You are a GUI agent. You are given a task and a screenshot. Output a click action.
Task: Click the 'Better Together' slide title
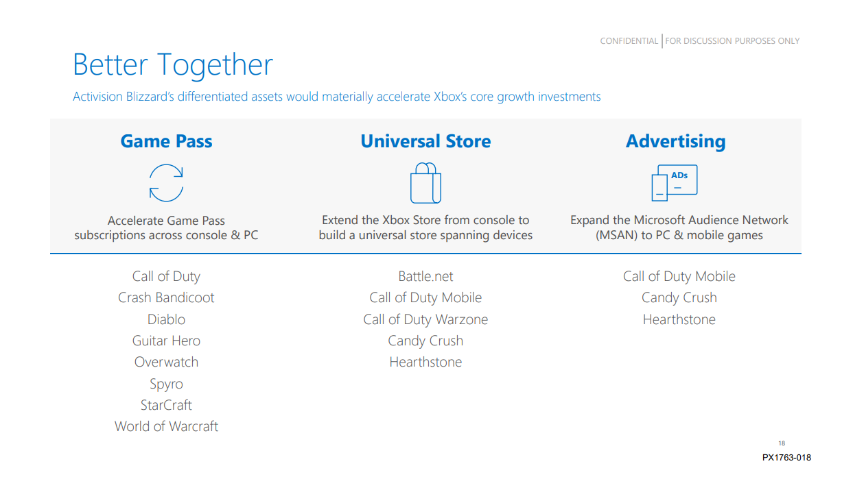(x=173, y=64)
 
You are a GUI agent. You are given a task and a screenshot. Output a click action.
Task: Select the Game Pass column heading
(x=166, y=141)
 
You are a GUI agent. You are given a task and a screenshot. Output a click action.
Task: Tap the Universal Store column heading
(x=425, y=141)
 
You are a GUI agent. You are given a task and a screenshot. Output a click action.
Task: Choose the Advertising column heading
(x=675, y=141)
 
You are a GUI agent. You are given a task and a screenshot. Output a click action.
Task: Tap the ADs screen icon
(x=675, y=183)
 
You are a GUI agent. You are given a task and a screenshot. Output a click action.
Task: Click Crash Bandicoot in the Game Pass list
(x=166, y=297)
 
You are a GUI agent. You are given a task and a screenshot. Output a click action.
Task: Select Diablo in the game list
(x=166, y=319)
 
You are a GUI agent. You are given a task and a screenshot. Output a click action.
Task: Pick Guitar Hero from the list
(x=166, y=341)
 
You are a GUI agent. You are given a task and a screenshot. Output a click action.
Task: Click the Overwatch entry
(x=166, y=362)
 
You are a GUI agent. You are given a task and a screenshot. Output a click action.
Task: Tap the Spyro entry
(x=166, y=384)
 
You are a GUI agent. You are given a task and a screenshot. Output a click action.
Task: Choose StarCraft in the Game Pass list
(x=166, y=405)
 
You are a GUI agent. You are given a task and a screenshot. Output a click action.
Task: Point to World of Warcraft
(x=166, y=426)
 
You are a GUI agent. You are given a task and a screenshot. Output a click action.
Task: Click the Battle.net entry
(x=425, y=276)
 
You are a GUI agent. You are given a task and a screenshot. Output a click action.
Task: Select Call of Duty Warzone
(x=425, y=319)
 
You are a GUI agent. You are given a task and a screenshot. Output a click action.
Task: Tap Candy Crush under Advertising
(x=679, y=297)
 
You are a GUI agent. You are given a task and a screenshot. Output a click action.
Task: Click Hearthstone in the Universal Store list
(x=425, y=362)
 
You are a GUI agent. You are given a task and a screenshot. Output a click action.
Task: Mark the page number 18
(x=782, y=443)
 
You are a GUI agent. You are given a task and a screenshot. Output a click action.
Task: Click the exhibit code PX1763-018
(x=786, y=458)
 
